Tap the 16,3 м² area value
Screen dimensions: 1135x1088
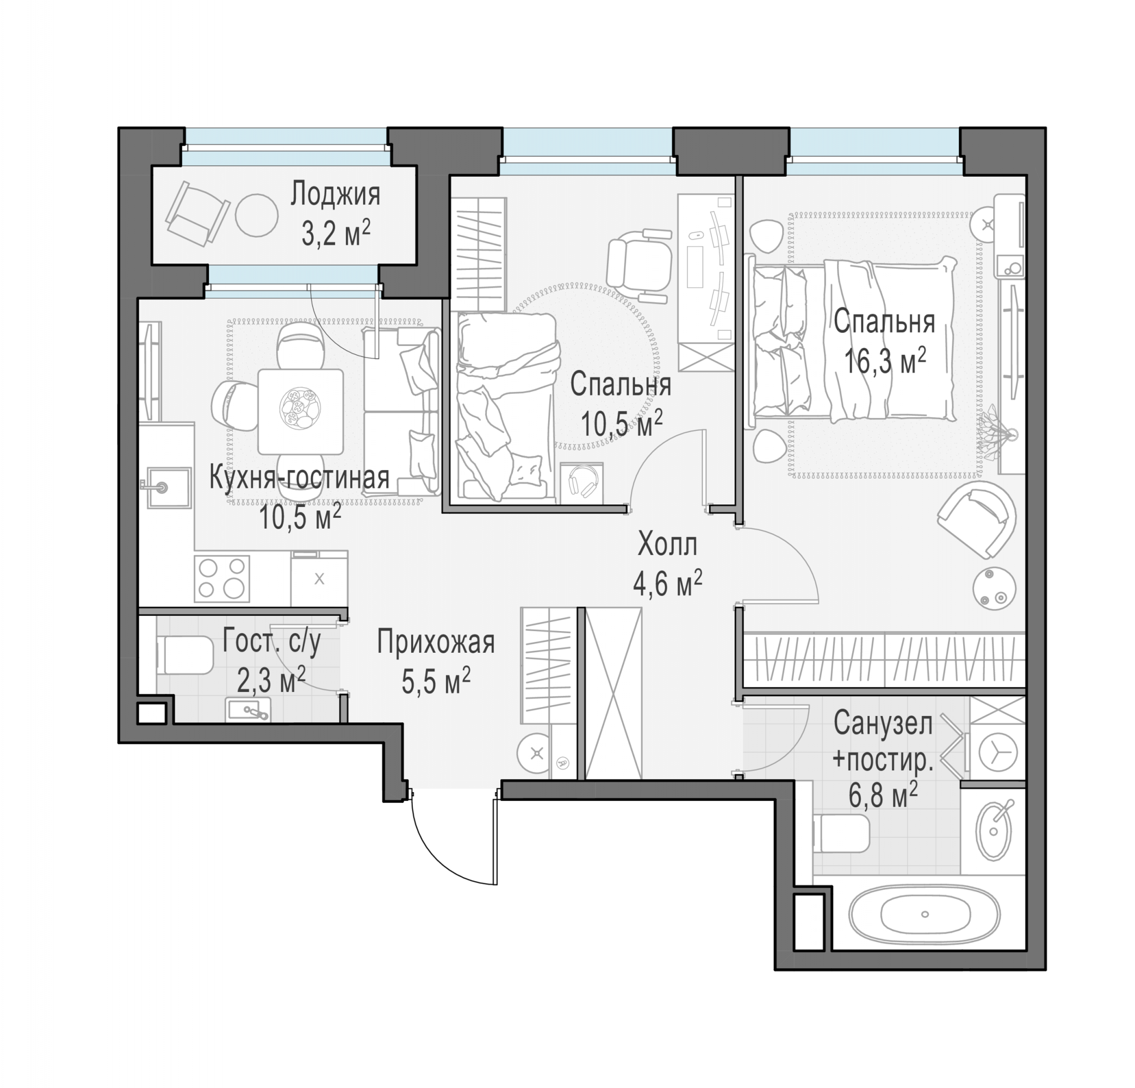tap(885, 361)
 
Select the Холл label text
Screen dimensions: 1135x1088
tap(667, 545)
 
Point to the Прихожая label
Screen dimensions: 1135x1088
tap(436, 642)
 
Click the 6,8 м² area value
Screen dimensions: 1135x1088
tap(883, 794)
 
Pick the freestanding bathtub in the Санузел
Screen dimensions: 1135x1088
tap(924, 915)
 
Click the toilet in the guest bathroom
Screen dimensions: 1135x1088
tap(184, 654)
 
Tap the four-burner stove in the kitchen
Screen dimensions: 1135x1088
tap(222, 578)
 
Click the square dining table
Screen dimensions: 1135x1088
tap(301, 412)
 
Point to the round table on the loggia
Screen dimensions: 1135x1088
tap(257, 214)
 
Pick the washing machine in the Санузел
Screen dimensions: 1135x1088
tap(997, 752)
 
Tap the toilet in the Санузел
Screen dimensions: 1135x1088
tap(841, 833)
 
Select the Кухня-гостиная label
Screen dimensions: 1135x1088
tap(299, 478)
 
